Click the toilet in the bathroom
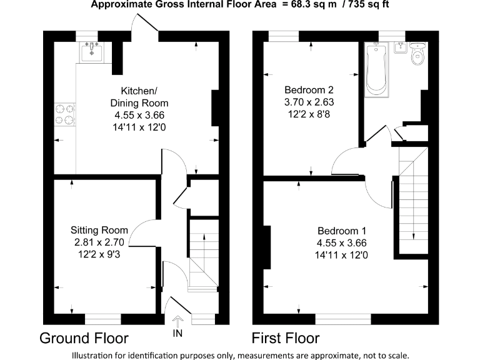(417, 56)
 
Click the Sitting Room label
(99, 229)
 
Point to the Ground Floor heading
(84, 339)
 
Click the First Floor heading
(285, 339)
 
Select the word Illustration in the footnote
(94, 354)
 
